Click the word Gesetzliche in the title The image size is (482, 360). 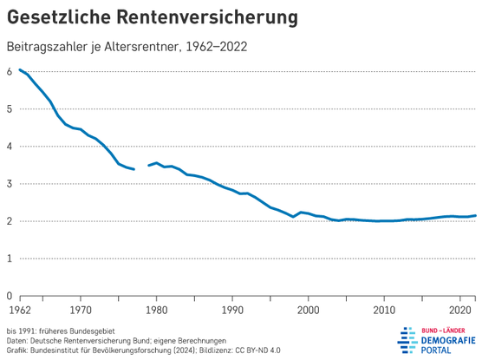pyautogui.click(x=59, y=17)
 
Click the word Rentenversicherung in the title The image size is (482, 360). pyautogui.click(x=207, y=17)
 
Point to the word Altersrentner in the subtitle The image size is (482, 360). pyautogui.click(x=140, y=47)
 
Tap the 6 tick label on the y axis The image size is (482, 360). pyautogui.click(x=10, y=72)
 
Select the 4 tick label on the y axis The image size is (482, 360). pyautogui.click(x=10, y=146)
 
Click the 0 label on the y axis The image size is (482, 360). pyautogui.click(x=10, y=296)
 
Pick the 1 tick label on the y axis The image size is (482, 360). pyautogui.click(x=10, y=259)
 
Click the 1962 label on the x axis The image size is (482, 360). pyautogui.click(x=20, y=311)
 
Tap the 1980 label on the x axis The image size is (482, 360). pyautogui.click(x=156, y=311)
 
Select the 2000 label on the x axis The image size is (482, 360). pyautogui.click(x=309, y=311)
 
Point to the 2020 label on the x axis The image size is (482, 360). pyautogui.click(x=460, y=311)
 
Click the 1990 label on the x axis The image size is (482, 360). pyautogui.click(x=232, y=311)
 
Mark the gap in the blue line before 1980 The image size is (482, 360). pyautogui.click(x=141, y=167)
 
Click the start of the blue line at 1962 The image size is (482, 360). pyautogui.click(x=20, y=70)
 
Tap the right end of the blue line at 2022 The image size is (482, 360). pyautogui.click(x=475, y=216)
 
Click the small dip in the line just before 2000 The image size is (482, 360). pyautogui.click(x=293, y=217)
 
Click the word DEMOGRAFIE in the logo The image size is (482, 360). pyautogui.click(x=448, y=341)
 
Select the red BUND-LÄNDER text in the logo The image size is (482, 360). pyautogui.click(x=443, y=331)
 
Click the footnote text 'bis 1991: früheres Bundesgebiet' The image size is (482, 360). pyautogui.click(x=61, y=331)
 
